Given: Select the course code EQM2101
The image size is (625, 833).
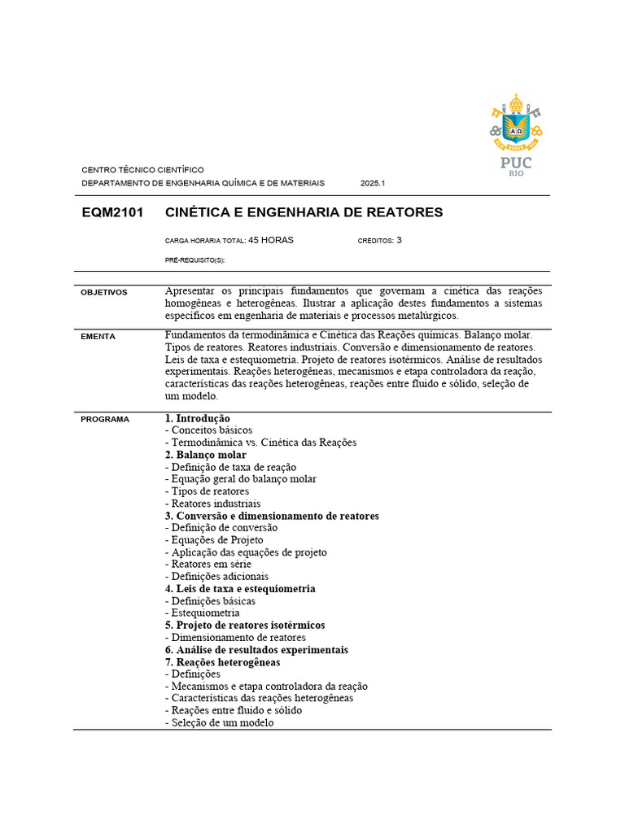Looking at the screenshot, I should (113, 213).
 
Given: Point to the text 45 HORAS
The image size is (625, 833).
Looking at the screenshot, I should (271, 241).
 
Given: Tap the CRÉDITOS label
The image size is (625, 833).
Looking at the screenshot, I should (375, 241).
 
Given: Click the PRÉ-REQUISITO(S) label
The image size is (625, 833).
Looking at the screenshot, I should (194, 259).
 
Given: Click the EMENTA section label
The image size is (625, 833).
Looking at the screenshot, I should (98, 336).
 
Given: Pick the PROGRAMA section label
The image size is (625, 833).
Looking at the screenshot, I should (105, 419).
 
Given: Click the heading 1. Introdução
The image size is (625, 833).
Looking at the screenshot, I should (198, 418).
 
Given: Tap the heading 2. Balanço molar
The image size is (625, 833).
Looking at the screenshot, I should (206, 455).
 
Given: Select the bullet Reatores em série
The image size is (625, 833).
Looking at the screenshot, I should (208, 565).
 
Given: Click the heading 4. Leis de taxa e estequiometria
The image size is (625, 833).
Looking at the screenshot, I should (240, 589).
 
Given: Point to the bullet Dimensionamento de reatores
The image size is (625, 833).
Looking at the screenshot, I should (235, 638).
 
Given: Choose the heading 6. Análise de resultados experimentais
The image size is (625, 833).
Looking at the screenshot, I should (256, 650).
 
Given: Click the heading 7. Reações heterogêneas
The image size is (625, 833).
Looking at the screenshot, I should (222, 662).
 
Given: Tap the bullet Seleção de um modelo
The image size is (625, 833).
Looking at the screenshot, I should (219, 722).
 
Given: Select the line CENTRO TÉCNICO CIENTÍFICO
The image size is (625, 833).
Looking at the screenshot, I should (142, 170).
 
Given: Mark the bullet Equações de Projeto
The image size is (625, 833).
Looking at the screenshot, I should (214, 540).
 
